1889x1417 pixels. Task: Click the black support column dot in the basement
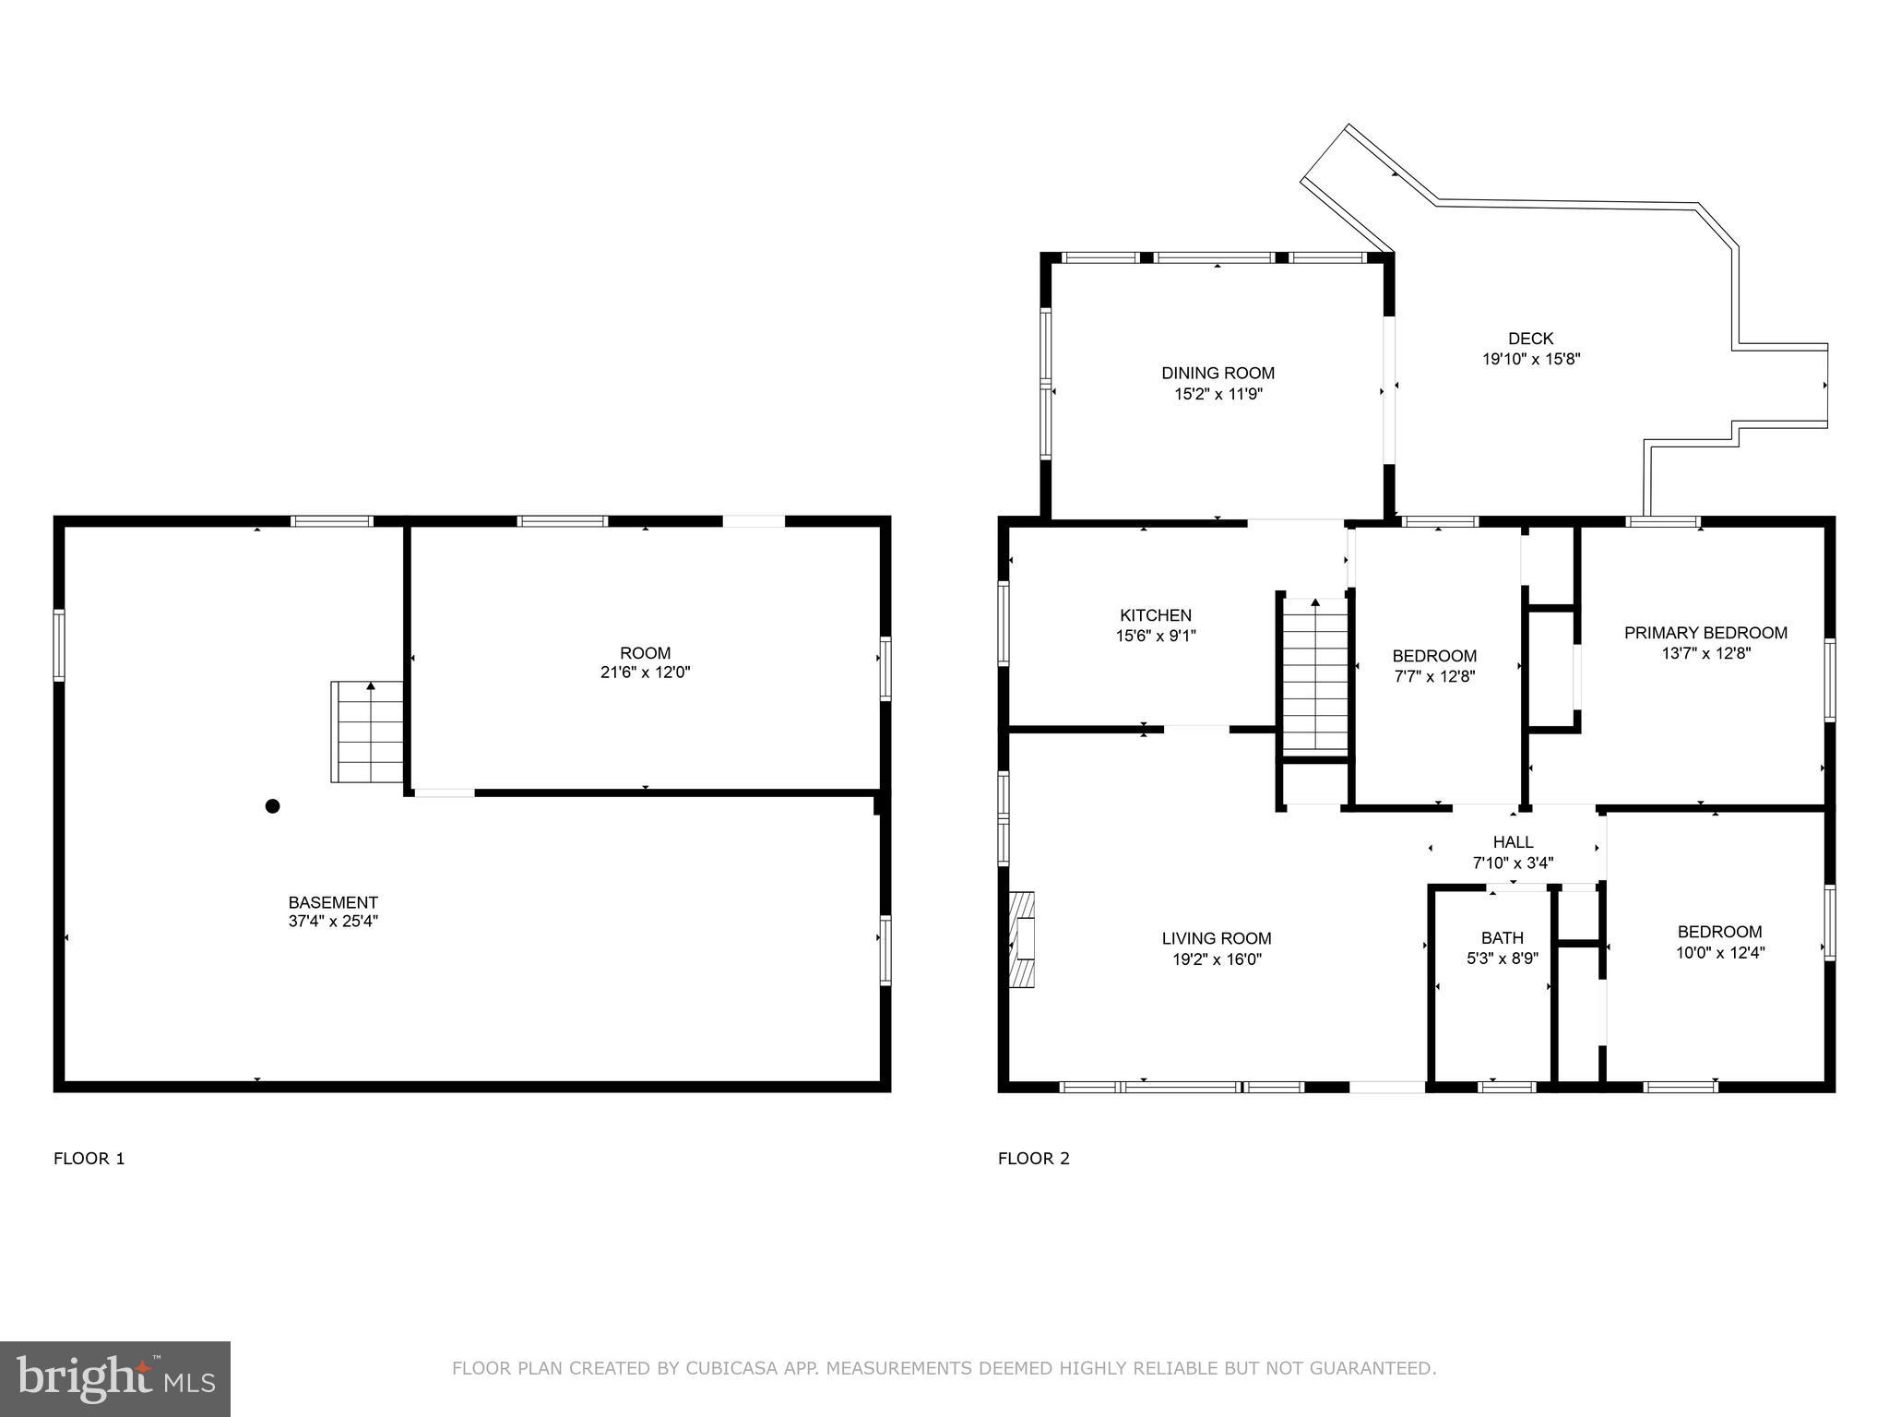272,806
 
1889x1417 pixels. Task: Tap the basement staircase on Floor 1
368,732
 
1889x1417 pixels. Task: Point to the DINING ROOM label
1218,374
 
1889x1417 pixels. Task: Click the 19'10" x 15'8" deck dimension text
1531,360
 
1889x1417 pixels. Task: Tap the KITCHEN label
1156,615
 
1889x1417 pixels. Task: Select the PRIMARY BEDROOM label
1705,633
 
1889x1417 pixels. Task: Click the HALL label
1513,842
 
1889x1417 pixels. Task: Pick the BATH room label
1503,938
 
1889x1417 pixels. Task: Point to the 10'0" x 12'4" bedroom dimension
1719,953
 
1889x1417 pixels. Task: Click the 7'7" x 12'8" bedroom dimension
1434,676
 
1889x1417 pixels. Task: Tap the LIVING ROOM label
1217,938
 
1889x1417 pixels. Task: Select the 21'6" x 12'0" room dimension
645,673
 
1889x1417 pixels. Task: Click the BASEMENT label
333,902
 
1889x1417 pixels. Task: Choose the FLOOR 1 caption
89,1159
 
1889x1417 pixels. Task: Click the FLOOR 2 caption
1033,1159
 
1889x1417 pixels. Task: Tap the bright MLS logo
115,1379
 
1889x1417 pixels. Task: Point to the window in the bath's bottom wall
1506,1087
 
